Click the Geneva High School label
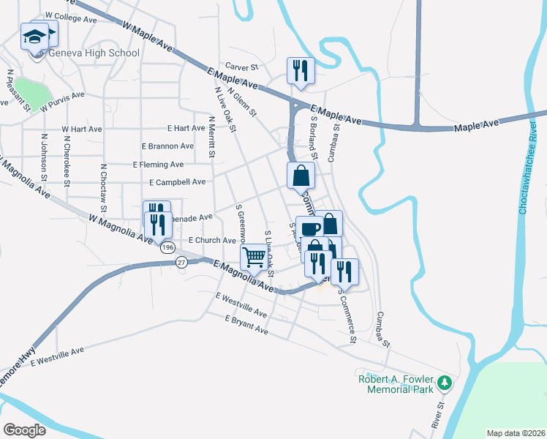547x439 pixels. [x=94, y=53]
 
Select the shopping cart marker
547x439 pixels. [x=254, y=257]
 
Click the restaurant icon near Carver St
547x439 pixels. [x=301, y=70]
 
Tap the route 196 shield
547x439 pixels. [x=168, y=247]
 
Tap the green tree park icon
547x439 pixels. [x=443, y=382]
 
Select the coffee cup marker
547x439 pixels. [x=309, y=228]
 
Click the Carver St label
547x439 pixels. [x=243, y=67]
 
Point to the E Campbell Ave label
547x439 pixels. [x=177, y=182]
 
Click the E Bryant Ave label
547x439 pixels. [x=246, y=326]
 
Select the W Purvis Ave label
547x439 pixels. [x=63, y=100]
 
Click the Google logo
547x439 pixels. [x=24, y=430]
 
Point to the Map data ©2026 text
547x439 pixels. [x=515, y=432]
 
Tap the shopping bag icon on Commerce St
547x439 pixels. [x=301, y=176]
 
